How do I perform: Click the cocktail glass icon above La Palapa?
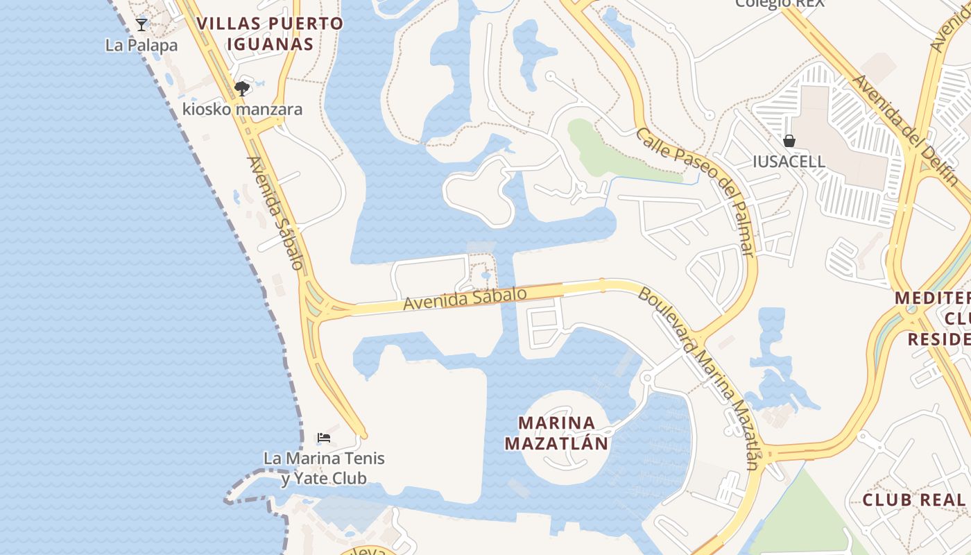(141, 25)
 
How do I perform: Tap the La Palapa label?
(141, 45)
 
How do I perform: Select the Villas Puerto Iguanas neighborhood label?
(270, 33)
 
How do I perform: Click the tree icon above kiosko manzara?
(242, 89)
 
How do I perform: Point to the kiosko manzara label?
(242, 110)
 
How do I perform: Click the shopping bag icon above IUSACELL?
(789, 142)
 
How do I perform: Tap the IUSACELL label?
(789, 162)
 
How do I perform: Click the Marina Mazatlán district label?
(557, 433)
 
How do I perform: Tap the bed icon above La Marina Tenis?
(323, 438)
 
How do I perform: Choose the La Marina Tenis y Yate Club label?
(324, 468)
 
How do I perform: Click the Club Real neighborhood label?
(914, 500)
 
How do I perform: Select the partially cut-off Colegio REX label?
(780, 3)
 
